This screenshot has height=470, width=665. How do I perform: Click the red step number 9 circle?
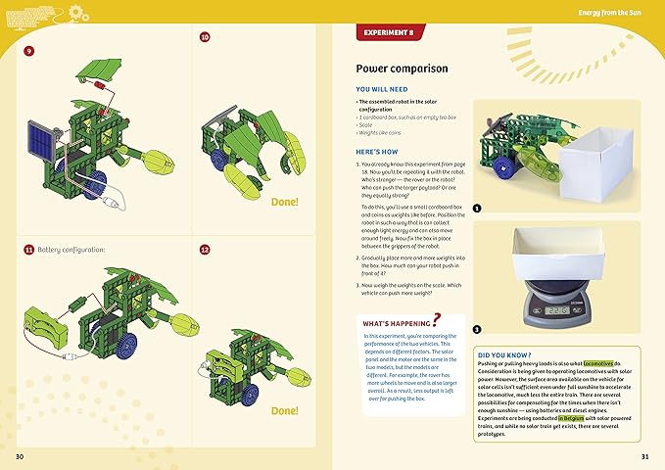(x=28, y=50)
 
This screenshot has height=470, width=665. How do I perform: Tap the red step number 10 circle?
(x=205, y=37)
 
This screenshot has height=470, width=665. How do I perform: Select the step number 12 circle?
(x=205, y=250)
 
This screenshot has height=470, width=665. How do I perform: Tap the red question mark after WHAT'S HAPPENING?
(x=436, y=318)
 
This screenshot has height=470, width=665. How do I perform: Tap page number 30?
(x=20, y=456)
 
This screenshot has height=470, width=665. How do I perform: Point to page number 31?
(x=644, y=456)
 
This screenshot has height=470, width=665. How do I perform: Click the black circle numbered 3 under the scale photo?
(x=476, y=329)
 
